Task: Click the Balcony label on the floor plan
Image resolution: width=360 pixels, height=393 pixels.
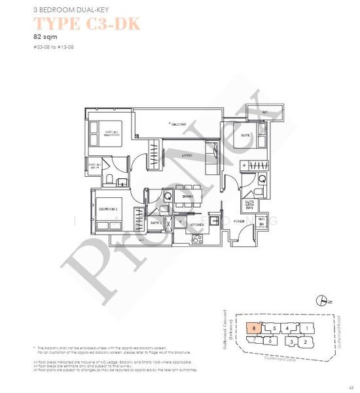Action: (x=179, y=124)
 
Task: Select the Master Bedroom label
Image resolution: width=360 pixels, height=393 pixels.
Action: (x=112, y=134)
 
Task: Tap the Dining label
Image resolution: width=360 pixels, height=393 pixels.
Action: (x=188, y=196)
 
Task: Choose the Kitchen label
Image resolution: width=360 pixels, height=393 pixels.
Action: (x=197, y=224)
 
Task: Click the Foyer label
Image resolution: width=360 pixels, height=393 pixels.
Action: (x=239, y=221)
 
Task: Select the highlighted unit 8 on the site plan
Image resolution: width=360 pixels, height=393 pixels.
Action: (x=253, y=326)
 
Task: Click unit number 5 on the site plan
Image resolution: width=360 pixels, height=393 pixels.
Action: (x=275, y=327)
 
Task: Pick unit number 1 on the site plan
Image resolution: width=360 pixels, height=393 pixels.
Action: (x=306, y=327)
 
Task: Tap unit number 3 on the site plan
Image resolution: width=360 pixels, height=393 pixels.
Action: (x=290, y=341)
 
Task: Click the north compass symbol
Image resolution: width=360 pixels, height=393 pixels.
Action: (x=321, y=301)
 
